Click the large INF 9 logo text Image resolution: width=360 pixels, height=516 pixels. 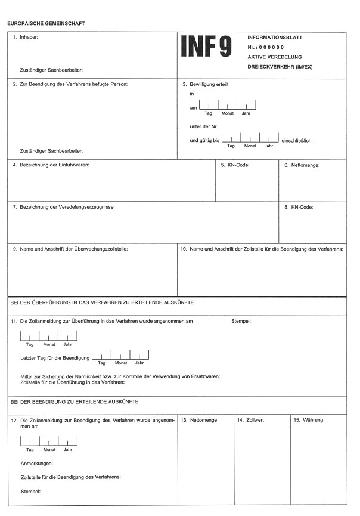point(206,47)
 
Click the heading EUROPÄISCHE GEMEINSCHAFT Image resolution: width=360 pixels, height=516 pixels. point(46,23)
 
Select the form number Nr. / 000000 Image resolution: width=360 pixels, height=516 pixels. point(266,47)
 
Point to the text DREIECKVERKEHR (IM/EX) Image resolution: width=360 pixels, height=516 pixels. point(280,66)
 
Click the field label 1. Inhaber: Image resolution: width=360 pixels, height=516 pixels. point(26,37)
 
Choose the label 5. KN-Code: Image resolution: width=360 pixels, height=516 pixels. point(235,165)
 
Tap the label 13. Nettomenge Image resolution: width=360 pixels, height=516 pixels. point(198,420)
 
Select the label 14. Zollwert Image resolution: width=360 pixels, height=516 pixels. point(250,420)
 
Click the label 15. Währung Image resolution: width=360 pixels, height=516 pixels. point(308,420)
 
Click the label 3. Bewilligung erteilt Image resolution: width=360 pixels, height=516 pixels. point(206,84)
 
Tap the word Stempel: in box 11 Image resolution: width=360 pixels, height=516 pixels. point(241,321)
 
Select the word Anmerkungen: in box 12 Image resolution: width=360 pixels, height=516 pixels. point(36,463)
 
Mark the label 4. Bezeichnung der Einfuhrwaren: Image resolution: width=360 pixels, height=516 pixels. point(51,165)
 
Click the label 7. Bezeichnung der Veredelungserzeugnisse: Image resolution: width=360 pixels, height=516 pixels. point(64,207)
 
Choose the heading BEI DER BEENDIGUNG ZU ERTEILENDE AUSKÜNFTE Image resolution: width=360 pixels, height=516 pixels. point(75,402)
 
